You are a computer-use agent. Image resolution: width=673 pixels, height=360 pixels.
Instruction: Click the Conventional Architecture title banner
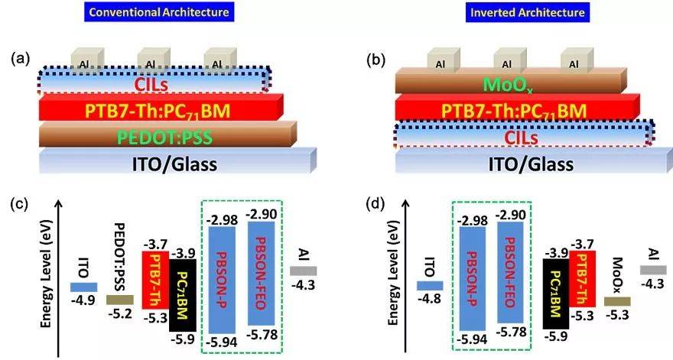click(x=159, y=11)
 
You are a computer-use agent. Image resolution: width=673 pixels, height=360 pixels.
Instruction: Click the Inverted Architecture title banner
click(x=528, y=11)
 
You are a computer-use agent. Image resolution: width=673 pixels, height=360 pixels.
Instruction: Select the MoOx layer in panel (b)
click(x=511, y=82)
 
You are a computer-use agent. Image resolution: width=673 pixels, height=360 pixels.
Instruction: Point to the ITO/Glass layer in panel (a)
click(x=177, y=161)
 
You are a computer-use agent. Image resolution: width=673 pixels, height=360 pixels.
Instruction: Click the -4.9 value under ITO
click(x=83, y=299)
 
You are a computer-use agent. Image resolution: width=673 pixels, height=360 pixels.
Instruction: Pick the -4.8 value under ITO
click(x=430, y=297)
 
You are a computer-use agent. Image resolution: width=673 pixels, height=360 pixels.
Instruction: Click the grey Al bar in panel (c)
click(x=303, y=271)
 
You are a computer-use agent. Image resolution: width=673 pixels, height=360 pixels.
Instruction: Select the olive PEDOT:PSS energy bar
click(x=120, y=300)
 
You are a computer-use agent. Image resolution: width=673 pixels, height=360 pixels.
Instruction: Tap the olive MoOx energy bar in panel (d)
click(x=617, y=301)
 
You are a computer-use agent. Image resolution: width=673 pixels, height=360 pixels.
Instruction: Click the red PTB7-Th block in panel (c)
click(x=155, y=285)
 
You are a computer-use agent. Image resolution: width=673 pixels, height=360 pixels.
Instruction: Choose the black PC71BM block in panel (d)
click(x=556, y=294)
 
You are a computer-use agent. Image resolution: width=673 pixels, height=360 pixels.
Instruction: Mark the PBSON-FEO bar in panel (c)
click(x=262, y=274)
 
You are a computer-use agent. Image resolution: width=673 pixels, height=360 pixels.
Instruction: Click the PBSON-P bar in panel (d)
click(x=473, y=279)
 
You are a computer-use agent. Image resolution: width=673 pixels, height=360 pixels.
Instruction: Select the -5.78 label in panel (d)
click(x=511, y=332)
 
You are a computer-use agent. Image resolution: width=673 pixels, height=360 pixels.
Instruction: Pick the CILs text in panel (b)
click(x=521, y=138)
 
